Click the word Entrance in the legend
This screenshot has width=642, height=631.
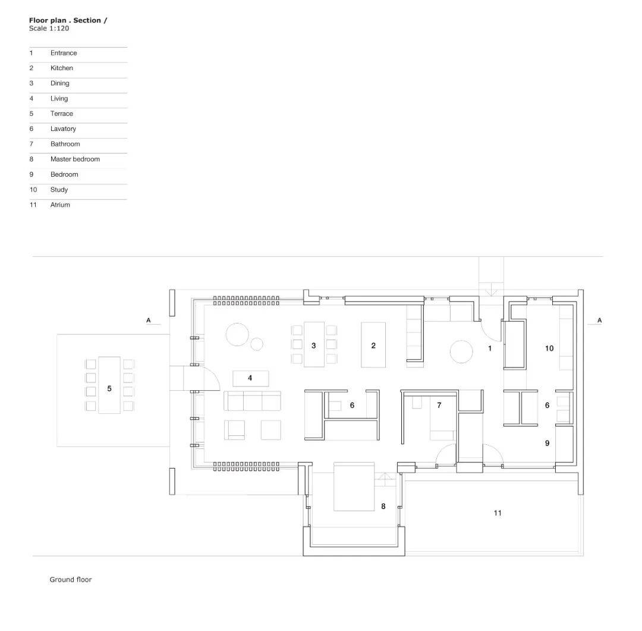tap(64, 53)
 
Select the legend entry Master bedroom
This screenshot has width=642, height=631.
tap(75, 159)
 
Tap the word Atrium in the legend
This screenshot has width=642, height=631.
tap(60, 205)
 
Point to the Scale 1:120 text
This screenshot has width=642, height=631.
tap(49, 29)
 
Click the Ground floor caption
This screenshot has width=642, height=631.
tap(70, 579)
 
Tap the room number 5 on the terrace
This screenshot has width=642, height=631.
tap(109, 388)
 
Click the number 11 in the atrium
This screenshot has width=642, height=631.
tap(498, 513)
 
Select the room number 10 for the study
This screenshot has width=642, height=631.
tap(549, 349)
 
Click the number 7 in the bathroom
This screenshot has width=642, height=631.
tap(439, 405)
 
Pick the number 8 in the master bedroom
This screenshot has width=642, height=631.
tap(383, 507)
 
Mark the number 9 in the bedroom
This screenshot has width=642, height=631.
tap(547, 443)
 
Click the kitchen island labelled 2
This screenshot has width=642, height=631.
tap(373, 344)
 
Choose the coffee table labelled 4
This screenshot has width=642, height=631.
tap(251, 379)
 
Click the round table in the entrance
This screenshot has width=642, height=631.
tap(461, 351)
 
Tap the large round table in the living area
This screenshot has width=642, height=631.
tap(237, 334)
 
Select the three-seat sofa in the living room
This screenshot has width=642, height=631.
tap(252, 401)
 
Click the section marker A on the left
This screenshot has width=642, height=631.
tap(149, 321)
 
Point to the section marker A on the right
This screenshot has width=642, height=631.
tap(599, 321)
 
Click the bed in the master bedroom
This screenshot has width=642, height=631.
tap(354, 486)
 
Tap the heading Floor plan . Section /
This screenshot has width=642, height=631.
tap(68, 20)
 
